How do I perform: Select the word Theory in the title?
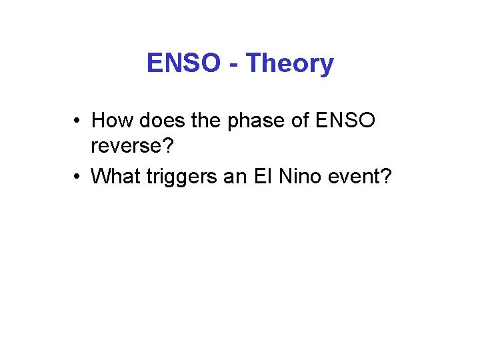tap(289, 64)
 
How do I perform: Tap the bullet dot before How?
tap(78, 121)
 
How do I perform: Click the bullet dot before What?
tap(78, 177)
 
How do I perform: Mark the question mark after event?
tap(386, 176)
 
